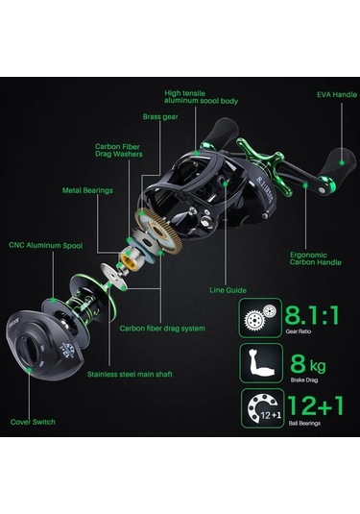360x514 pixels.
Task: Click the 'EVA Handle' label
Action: click(324, 96)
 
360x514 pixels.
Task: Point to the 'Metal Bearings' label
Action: click(86, 189)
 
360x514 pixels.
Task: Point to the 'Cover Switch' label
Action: click(34, 422)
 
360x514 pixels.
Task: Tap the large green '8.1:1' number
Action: click(312, 314)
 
